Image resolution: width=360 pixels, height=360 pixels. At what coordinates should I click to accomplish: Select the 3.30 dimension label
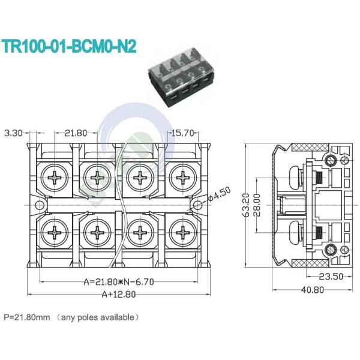[14, 133]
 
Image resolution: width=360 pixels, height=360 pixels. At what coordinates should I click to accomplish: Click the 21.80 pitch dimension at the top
[76, 133]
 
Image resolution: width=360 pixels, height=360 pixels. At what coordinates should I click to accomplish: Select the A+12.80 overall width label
[118, 294]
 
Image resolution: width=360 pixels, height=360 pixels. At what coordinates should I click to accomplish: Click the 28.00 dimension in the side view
[257, 206]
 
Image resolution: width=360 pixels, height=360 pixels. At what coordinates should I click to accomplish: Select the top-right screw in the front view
[182, 178]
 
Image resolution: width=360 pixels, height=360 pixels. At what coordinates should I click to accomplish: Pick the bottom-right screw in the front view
[182, 233]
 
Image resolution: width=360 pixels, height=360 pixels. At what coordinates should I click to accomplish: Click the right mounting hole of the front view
[196, 205]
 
